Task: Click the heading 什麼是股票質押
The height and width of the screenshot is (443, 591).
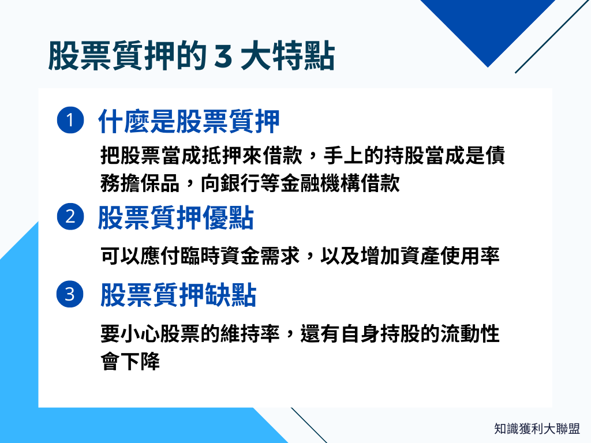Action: [x=189, y=122]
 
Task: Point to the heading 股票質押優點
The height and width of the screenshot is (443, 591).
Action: [x=176, y=219]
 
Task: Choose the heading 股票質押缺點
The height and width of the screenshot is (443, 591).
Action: [x=178, y=295]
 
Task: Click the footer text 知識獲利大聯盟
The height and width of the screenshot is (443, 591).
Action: [x=537, y=429]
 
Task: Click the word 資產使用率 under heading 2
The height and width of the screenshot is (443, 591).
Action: [x=449, y=256]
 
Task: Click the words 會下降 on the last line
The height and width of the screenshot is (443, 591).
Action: [x=130, y=362]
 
